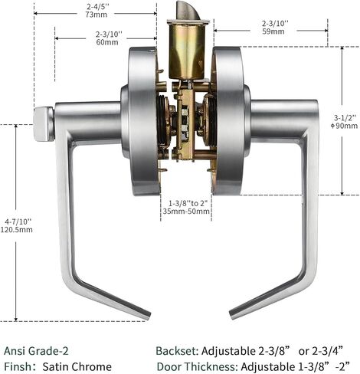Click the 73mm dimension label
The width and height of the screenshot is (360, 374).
coord(97,15)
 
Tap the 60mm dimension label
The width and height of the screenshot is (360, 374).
coord(107,42)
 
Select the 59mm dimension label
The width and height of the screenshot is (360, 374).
coord(273,31)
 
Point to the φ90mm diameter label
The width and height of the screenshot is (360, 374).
coord(344,126)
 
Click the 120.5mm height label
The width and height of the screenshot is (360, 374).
coord(17,229)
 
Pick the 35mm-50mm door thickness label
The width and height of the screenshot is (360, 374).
coord(186,212)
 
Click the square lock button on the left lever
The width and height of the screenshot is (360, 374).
coord(44,124)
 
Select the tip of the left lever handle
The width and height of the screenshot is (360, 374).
coord(148,317)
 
